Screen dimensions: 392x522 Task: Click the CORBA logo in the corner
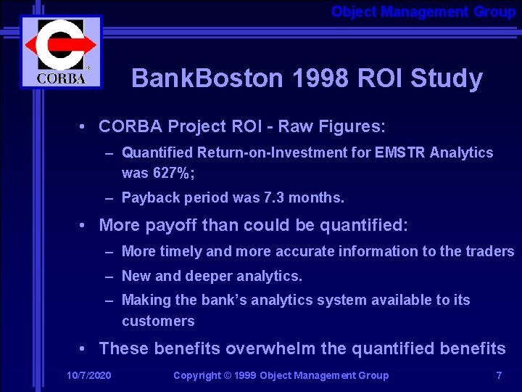pyautogui.click(x=61, y=52)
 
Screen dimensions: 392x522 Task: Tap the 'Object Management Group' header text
pyautogui.click(x=423, y=12)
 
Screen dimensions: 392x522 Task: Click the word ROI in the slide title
pyautogui.click(x=381, y=78)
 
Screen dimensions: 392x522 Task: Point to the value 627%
pyautogui.click(x=171, y=173)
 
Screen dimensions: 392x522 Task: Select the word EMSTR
pyautogui.click(x=397, y=152)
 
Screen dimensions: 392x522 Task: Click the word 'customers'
pyautogui.click(x=158, y=321)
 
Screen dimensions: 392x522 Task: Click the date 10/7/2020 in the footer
pyautogui.click(x=88, y=375)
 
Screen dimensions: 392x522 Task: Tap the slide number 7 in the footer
pyautogui.click(x=499, y=375)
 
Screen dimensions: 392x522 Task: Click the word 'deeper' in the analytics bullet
pyautogui.click(x=200, y=276)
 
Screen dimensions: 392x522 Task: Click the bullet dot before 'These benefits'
pyautogui.click(x=84, y=349)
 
